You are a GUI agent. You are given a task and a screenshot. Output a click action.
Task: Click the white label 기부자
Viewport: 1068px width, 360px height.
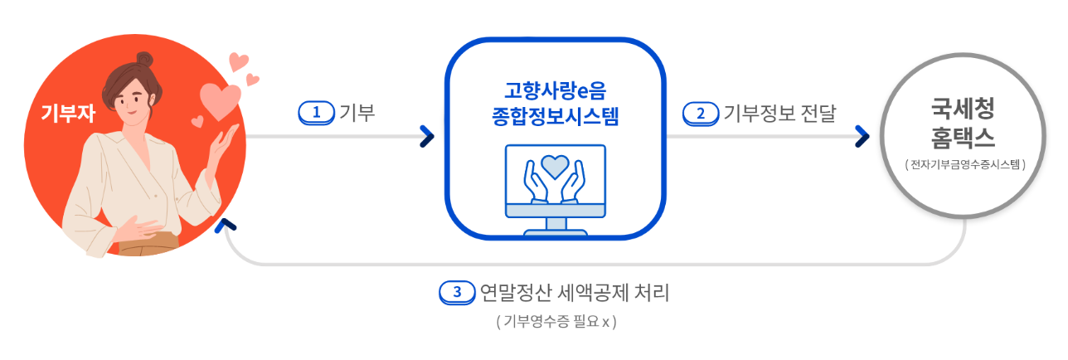(68, 114)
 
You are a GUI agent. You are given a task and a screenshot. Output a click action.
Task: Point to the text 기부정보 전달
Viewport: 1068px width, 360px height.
(779, 113)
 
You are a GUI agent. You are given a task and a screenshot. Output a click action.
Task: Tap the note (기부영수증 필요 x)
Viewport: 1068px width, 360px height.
(556, 322)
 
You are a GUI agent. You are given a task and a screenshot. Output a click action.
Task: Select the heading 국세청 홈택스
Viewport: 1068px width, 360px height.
(963, 120)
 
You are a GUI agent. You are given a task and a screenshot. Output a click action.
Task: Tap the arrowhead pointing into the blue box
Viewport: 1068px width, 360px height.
(426, 136)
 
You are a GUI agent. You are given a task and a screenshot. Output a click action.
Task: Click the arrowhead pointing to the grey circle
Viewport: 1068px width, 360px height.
(862, 136)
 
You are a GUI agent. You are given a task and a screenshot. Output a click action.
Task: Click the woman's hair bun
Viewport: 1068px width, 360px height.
(145, 61)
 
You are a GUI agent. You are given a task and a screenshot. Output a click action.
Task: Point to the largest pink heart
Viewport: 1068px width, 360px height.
(220, 100)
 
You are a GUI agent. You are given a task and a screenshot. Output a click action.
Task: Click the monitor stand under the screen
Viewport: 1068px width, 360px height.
(556, 223)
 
